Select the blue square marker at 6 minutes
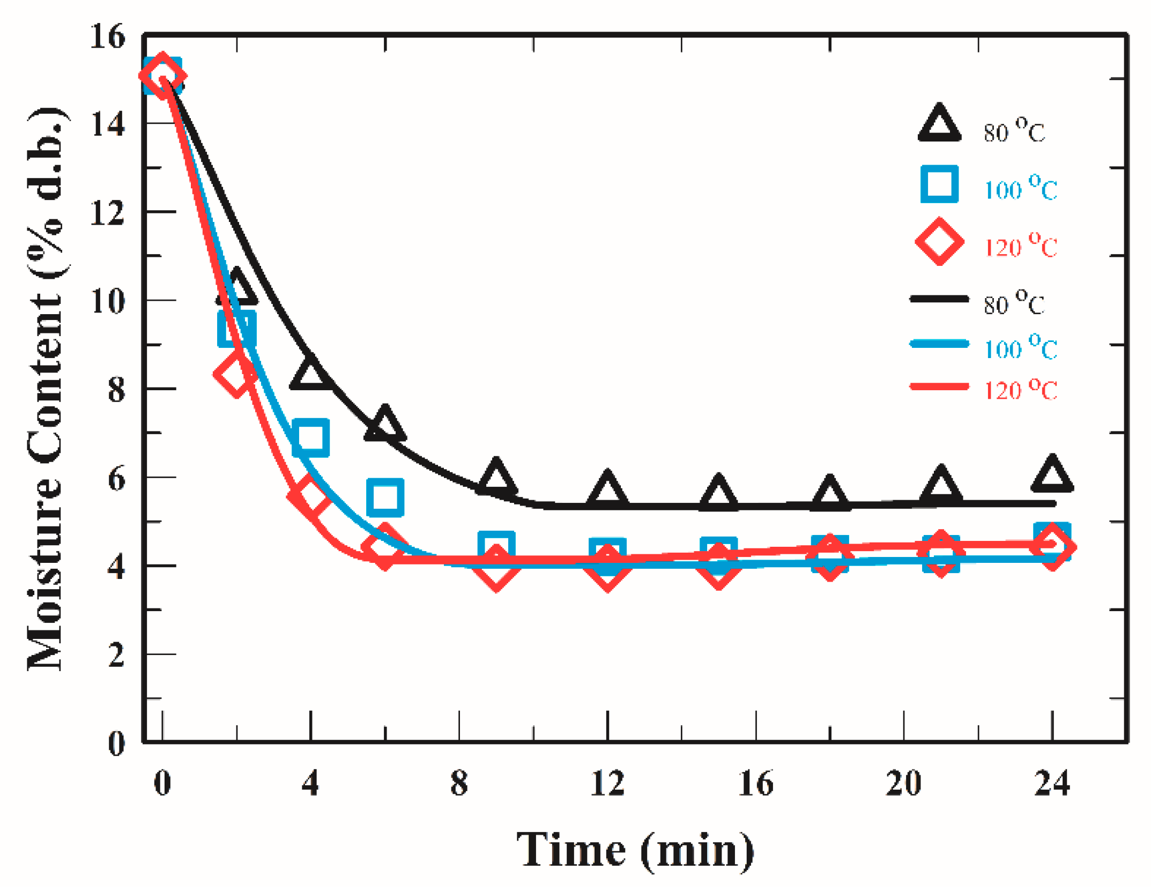[385, 497]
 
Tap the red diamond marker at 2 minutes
[236, 374]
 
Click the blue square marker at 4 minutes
[310, 438]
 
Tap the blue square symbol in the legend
[939, 184]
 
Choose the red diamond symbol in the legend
[939, 242]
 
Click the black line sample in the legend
[939, 299]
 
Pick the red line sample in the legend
[939, 386]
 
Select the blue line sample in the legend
[939, 344]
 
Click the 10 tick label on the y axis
[107, 301]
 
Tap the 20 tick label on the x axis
[903, 783]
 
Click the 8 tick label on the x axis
[459, 783]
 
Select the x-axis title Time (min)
[635, 850]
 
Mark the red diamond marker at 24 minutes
[1052, 547]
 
